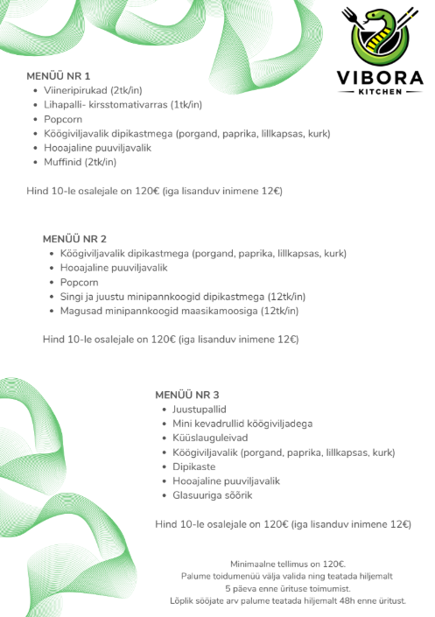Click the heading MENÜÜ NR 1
pos(59,76)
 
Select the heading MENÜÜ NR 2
pos(74,239)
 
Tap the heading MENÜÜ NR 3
pos(186,395)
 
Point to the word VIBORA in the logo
pos(381,77)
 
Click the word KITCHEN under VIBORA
pos(381,91)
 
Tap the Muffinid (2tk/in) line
pos(80,162)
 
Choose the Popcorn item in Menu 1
pos(63,119)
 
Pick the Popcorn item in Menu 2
pos(80,282)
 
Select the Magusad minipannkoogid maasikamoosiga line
pos(179,311)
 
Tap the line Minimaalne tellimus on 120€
pos(288,564)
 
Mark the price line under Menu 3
pos(283,524)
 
